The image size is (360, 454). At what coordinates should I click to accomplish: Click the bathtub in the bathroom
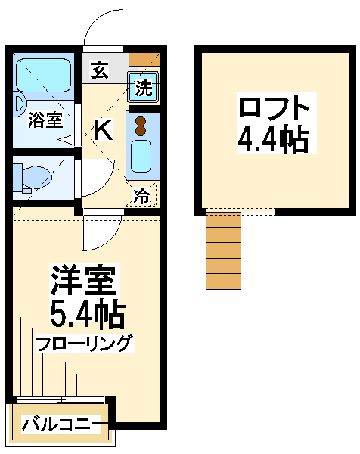point(43,75)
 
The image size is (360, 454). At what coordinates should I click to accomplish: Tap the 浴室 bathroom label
point(45,120)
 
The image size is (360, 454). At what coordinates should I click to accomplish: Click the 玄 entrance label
point(99,70)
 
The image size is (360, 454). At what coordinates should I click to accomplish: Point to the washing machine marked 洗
point(143,88)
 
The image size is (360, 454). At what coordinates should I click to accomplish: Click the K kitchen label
point(104,130)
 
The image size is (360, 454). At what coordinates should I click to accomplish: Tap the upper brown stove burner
point(141,120)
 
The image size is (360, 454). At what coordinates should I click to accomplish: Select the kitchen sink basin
point(141,157)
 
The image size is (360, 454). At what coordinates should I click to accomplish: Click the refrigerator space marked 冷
point(141,194)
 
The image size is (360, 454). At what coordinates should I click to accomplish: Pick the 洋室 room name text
point(83,279)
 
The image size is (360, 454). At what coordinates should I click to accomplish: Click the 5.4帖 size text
point(88,313)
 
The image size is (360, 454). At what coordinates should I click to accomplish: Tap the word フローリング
point(85,344)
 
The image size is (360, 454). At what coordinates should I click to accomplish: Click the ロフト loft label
point(274,107)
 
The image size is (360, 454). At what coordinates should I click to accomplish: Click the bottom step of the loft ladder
point(223,281)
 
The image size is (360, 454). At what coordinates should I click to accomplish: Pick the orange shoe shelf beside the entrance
point(144,59)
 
